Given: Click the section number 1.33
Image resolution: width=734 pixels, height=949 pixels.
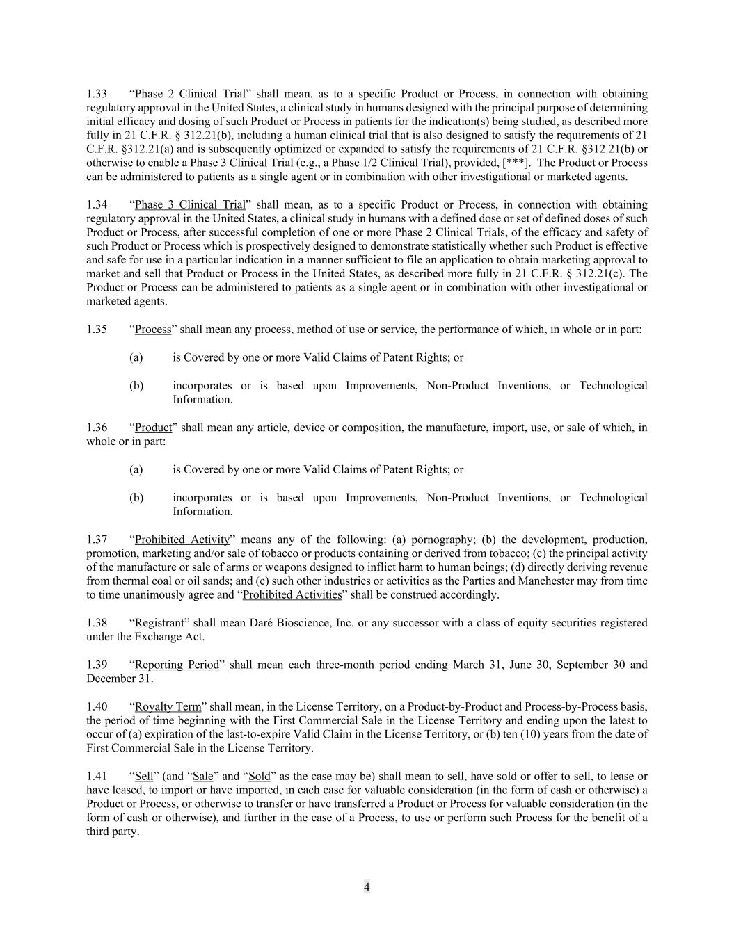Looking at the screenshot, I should coord(97,94).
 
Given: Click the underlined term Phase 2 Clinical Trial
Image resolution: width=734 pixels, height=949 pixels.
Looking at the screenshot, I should coord(190,94).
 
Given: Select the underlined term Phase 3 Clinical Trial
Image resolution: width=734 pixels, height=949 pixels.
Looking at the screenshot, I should coord(190,204).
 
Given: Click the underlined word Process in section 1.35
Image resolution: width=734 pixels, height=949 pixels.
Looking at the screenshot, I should coord(153,330).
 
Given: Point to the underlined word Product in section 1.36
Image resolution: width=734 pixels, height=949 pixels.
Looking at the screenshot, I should coord(153,428).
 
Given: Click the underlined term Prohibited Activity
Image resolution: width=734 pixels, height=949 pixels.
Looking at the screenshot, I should coord(182,540).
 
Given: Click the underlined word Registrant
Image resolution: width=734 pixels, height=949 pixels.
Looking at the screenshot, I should coord(159,623).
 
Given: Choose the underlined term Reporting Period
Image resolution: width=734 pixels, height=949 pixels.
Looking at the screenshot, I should coord(177,665).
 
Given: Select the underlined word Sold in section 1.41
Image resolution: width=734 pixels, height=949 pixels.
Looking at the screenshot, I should coord(259,777).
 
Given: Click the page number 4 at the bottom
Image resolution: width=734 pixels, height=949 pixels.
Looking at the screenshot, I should coord(367,887).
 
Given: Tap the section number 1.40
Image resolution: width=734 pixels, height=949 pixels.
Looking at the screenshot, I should coord(97,707).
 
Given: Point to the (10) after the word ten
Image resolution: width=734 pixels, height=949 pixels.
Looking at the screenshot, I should coord(532,735).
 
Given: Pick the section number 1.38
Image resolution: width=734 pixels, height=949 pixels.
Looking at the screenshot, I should coord(97,623).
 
